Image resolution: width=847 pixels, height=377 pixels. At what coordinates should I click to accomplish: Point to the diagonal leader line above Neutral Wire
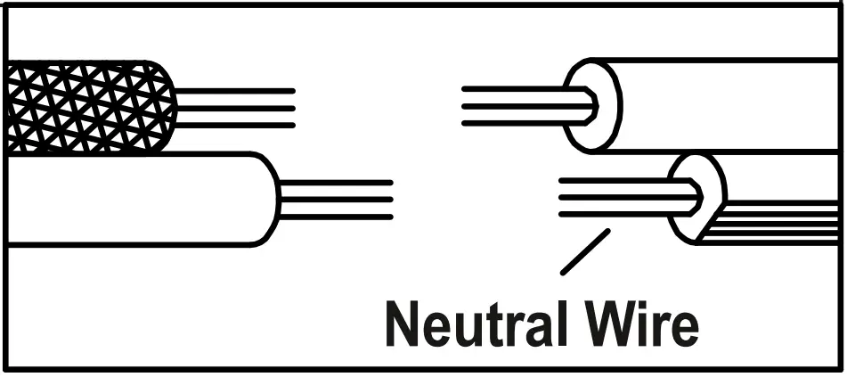point(585,250)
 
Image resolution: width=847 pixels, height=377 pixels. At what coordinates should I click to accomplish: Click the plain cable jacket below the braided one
point(134,200)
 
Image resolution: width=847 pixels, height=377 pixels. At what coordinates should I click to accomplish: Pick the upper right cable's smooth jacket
point(730,105)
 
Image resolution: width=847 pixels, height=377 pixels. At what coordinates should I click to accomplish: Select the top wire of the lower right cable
point(623,181)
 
